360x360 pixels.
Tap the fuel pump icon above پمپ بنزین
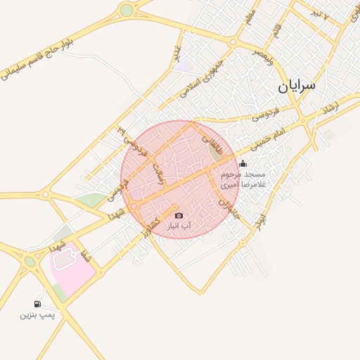(x=37, y=304)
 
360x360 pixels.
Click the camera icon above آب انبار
(x=179, y=215)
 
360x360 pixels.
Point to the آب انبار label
(x=179, y=226)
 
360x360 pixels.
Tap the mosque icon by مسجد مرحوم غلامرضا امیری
(x=243, y=163)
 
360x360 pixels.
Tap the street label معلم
(x=251, y=16)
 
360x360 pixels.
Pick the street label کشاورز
(x=152, y=221)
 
